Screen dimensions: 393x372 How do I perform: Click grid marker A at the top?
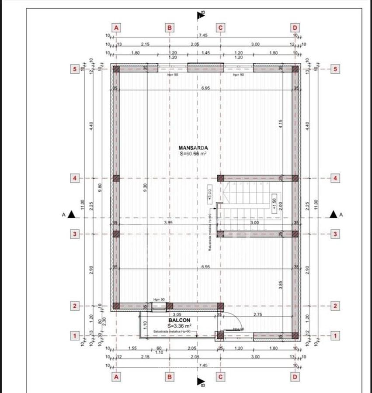point(116,28)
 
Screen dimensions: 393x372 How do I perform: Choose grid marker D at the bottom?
point(296,376)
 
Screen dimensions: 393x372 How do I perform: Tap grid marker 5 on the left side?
point(75,69)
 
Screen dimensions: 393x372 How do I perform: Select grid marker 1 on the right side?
point(335,336)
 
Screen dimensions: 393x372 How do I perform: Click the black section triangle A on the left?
point(72,214)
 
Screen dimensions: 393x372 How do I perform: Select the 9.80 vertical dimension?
point(100,188)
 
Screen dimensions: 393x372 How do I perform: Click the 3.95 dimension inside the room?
point(168,222)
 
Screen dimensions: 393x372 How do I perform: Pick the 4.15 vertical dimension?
point(281,124)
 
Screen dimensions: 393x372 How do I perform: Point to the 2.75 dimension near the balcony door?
point(256,314)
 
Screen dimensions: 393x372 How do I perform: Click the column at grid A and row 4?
point(116,178)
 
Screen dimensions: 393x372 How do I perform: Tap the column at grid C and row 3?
point(221,234)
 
